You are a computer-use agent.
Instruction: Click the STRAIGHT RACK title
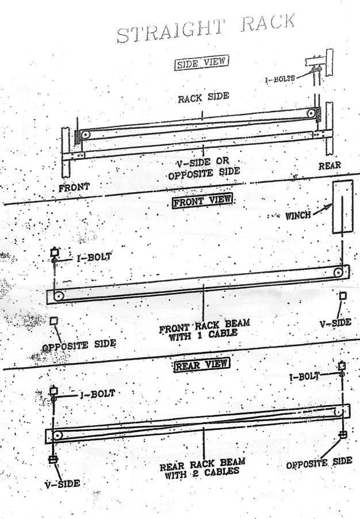tap(206, 28)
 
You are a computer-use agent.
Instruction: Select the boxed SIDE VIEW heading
tap(201, 63)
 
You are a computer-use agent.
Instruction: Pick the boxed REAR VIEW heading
tap(202, 365)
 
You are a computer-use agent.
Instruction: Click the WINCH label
tap(298, 216)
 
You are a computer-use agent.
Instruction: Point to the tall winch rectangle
tap(343, 207)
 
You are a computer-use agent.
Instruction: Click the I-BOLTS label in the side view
tap(280, 79)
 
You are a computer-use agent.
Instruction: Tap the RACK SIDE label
tap(204, 97)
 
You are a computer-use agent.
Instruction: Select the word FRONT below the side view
tap(74, 187)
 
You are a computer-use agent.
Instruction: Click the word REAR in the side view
tap(330, 166)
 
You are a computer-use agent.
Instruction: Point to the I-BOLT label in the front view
tap(94, 257)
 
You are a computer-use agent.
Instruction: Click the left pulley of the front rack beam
tap(59, 296)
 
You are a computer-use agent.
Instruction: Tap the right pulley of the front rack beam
tap(338, 273)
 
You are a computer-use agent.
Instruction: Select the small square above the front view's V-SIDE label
tap(343, 296)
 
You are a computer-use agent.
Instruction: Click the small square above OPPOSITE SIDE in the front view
tap(53, 320)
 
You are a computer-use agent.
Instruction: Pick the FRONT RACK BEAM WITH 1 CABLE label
tap(204, 330)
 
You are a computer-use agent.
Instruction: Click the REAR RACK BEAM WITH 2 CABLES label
tap(202, 469)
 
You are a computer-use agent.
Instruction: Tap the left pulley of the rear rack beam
tap(58, 435)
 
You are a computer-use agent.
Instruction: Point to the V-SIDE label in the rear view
tap(62, 484)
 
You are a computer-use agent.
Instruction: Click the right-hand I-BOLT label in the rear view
tap(304, 377)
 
